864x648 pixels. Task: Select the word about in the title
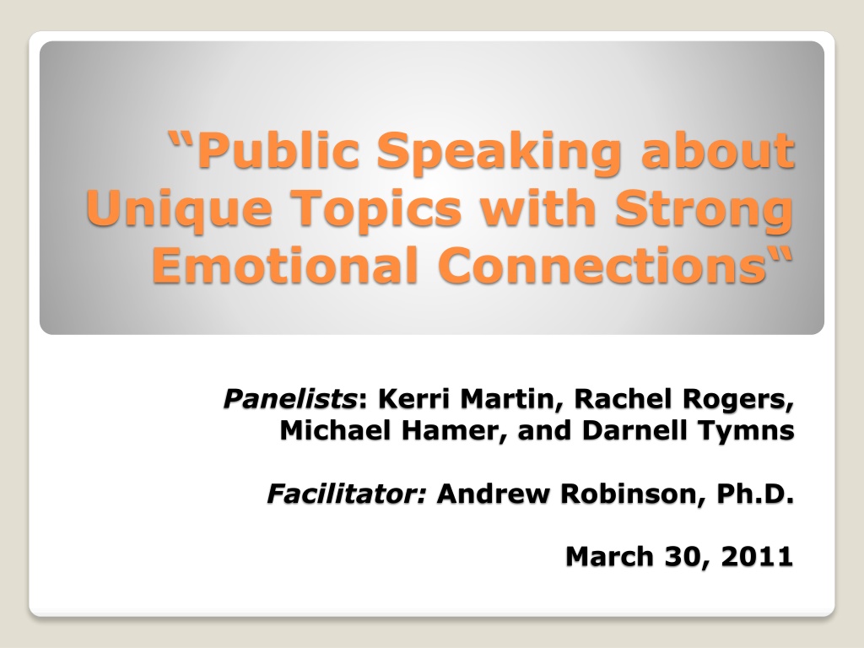tap(717, 150)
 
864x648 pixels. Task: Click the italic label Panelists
tap(290, 398)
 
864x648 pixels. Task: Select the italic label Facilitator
tap(346, 493)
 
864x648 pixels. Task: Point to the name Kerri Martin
tap(465, 398)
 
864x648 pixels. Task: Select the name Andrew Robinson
tap(567, 493)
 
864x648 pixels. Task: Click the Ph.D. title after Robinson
tap(755, 493)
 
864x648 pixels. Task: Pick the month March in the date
tap(609, 556)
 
